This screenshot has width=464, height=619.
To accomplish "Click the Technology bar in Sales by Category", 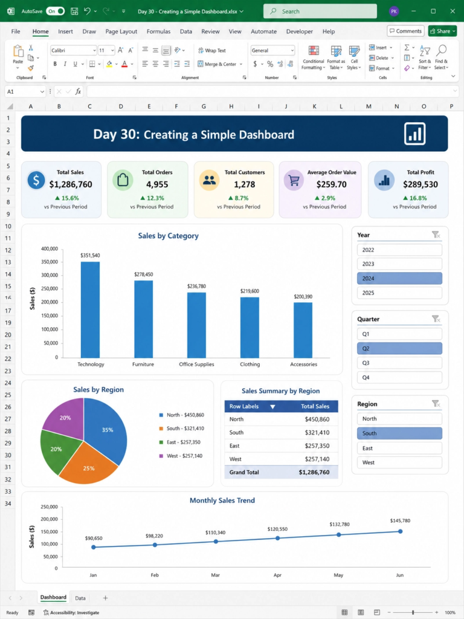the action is [x=90, y=309].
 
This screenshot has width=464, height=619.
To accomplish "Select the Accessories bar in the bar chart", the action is [x=303, y=330].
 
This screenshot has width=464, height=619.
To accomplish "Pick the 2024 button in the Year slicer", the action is [x=399, y=278].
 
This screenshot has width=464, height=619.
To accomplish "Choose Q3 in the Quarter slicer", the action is [x=399, y=363].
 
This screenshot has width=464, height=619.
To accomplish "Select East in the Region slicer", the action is [x=399, y=448].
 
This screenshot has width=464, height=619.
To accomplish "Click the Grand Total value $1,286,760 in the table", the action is [x=314, y=472].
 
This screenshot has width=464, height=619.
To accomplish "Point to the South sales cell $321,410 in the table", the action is [x=317, y=432].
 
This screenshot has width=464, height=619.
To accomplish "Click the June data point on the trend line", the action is [x=400, y=531].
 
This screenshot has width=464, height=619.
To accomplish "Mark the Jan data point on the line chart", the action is [x=94, y=547].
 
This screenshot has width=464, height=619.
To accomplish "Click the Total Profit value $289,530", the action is [x=420, y=184].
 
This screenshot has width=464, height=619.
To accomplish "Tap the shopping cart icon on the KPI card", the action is [x=294, y=180].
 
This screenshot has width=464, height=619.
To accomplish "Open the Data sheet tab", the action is [x=80, y=598].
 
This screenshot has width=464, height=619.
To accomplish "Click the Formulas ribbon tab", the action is [x=159, y=31].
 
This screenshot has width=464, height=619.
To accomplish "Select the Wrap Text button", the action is [x=212, y=51].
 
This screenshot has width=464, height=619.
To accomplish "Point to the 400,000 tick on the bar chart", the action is [x=50, y=248].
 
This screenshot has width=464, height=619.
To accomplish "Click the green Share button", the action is [x=442, y=31].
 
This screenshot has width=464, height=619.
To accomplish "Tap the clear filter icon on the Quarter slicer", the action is [x=436, y=319].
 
